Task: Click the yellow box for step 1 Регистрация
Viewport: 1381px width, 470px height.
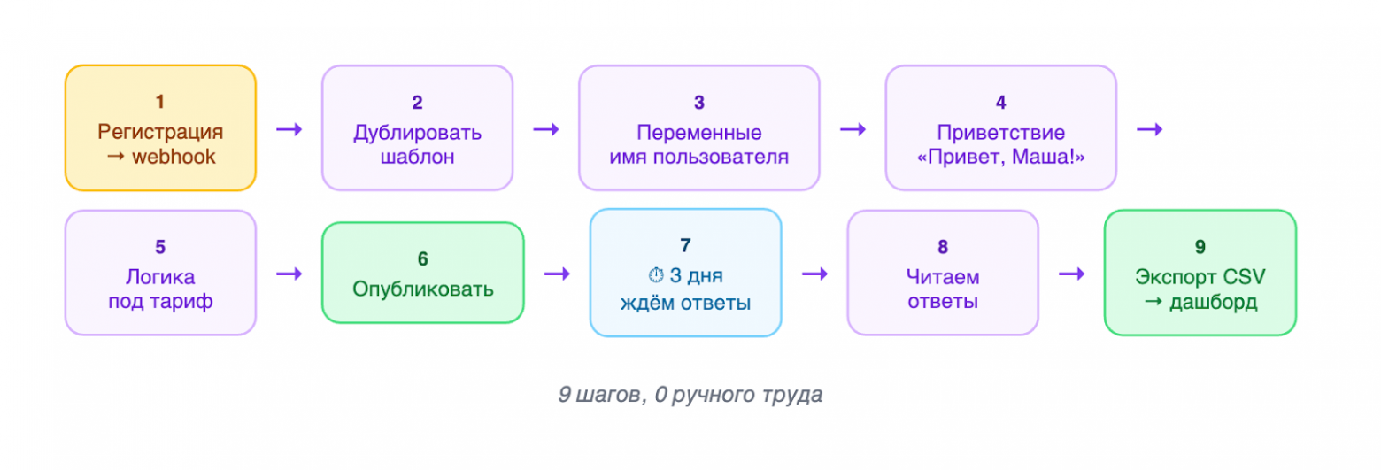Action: [160, 127]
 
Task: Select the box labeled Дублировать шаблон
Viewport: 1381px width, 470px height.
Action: [417, 127]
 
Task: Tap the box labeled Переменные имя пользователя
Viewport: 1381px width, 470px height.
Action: [699, 127]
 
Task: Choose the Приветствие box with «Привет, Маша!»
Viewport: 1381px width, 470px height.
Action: [1000, 127]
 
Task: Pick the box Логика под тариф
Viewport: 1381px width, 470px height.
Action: [160, 273]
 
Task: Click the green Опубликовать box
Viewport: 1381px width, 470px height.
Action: [422, 273]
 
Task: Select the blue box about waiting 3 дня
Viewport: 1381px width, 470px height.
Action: [685, 273]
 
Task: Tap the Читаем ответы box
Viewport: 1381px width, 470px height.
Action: [942, 273]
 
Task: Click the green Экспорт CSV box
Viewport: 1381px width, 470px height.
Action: [1200, 273]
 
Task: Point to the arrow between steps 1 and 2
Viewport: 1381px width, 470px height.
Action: [289, 129]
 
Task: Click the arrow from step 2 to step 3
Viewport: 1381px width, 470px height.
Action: [545, 129]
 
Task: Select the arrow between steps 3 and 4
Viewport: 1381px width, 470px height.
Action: [853, 129]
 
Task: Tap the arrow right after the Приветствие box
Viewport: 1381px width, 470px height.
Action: [1149, 129]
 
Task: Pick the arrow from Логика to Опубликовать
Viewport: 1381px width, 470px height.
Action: [289, 274]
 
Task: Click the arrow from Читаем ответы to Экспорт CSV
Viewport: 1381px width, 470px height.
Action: [1071, 274]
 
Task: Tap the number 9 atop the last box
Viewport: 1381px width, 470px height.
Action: [1200, 247]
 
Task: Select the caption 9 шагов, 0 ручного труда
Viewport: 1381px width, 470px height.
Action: [690, 395]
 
